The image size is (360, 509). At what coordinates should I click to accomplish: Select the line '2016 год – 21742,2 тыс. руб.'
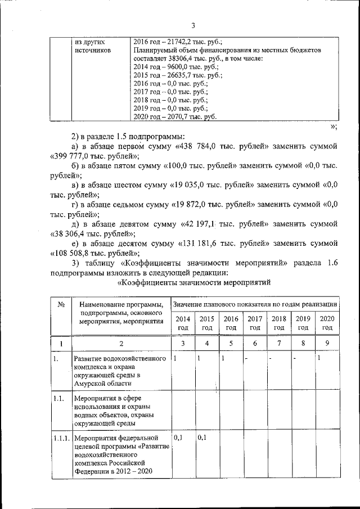tap(178, 42)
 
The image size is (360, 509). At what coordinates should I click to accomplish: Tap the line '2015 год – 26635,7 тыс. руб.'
tap(178, 75)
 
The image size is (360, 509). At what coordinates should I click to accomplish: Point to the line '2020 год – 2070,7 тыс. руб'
tap(175, 116)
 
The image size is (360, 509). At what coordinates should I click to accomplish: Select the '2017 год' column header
tap(255, 323)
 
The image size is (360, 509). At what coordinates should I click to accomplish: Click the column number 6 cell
tap(255, 343)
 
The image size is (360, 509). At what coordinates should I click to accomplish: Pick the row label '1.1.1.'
tap(60, 436)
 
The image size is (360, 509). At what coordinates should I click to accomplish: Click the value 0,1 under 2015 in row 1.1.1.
tap(202, 436)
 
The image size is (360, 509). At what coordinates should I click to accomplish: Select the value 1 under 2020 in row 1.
tap(319, 358)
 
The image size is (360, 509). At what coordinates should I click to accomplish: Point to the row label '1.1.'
tap(57, 397)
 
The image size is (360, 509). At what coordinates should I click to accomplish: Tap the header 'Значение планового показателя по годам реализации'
tap(255, 304)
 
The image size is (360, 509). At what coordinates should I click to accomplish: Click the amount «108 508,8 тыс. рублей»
tap(94, 253)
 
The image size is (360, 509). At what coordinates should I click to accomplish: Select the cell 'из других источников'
tap(92, 46)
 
